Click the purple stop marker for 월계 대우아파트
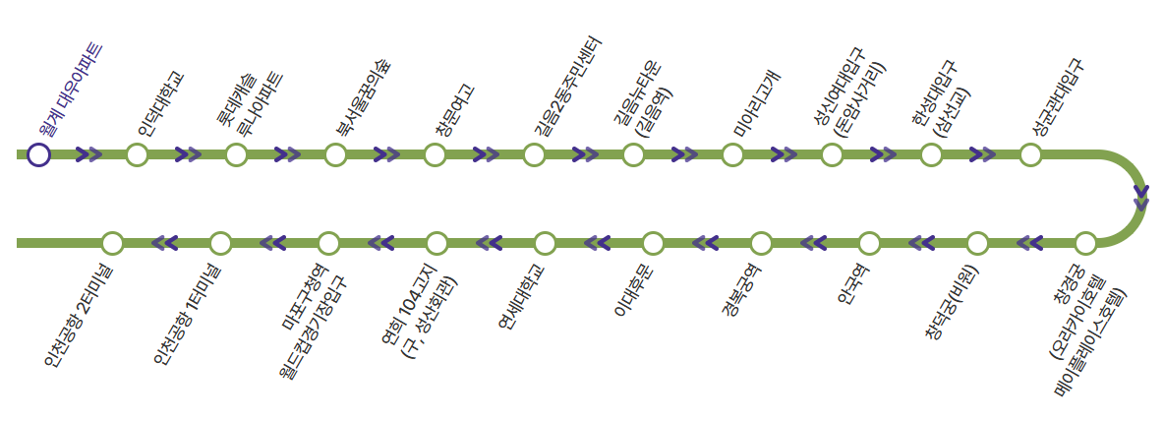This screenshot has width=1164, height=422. tap(38, 154)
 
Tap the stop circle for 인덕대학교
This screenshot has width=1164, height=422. tap(138, 154)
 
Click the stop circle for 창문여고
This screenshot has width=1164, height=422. tap(436, 154)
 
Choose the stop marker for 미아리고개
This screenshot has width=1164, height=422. tap(732, 154)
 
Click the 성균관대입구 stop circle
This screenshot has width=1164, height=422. tap(1030, 154)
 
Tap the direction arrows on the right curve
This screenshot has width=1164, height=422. tap(1140, 197)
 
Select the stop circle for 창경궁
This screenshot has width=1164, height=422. tap(1084, 242)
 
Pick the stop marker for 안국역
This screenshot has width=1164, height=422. tap(869, 242)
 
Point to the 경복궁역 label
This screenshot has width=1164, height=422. tap(741, 292)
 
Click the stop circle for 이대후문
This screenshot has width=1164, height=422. tap(653, 242)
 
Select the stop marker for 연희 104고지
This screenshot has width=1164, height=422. tap(436, 242)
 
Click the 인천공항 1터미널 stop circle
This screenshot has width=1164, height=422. tap(220, 242)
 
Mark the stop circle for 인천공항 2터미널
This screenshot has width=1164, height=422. tap(112, 242)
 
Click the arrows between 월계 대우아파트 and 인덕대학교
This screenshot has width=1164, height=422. tap(88, 154)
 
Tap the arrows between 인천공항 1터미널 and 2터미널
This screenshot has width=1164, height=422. tap(165, 242)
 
